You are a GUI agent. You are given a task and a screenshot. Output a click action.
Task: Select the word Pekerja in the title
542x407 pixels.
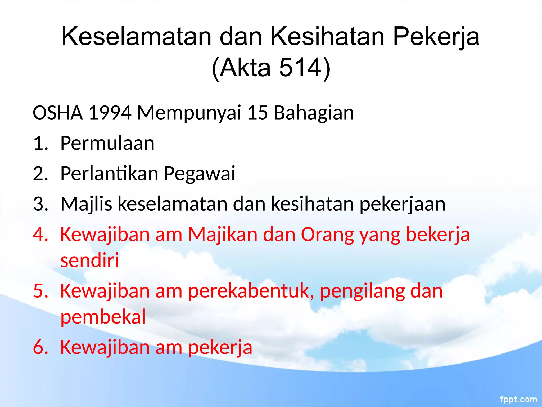436,37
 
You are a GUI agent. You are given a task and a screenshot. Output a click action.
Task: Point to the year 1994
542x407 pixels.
110,113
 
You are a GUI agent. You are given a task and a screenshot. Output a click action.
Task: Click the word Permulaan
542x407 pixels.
107,143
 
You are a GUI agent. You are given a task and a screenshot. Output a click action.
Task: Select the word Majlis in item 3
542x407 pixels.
86,204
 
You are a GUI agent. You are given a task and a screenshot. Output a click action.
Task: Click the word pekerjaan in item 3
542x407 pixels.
402,204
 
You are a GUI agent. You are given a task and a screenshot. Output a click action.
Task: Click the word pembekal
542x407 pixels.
103,317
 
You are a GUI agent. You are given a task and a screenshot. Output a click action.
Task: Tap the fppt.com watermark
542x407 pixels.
518,399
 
